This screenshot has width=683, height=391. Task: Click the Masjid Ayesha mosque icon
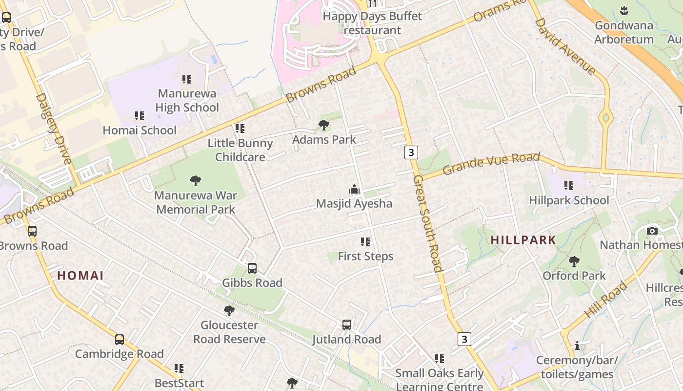click(354, 189)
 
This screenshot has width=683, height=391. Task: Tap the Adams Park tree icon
click(323, 125)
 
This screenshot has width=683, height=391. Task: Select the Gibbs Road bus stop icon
click(252, 268)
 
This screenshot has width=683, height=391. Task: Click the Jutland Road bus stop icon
click(347, 325)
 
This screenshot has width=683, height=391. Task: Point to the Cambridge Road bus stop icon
click(120, 340)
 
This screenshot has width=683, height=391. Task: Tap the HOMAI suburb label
click(80, 276)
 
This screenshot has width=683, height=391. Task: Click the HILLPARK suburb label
click(523, 240)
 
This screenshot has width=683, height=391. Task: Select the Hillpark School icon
click(569, 186)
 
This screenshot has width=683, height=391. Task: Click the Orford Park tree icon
click(574, 261)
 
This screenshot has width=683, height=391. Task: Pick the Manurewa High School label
click(187, 100)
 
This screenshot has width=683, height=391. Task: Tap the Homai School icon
click(140, 116)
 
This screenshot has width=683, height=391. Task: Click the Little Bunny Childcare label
click(240, 150)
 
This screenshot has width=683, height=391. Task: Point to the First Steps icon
click(365, 242)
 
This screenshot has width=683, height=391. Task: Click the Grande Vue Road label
click(491, 164)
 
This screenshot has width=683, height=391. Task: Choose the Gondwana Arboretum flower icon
click(623, 10)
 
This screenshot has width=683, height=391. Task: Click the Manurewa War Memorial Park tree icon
click(196, 181)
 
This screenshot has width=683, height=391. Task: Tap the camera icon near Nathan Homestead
click(652, 231)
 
